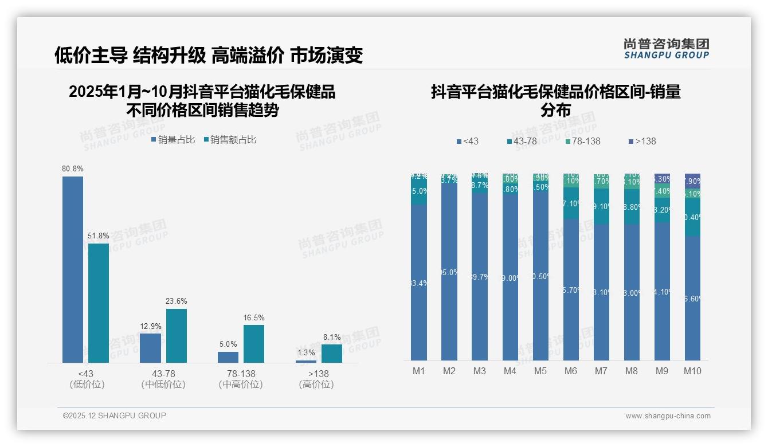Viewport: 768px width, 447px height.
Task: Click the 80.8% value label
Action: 73,169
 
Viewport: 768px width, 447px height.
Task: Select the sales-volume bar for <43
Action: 73,269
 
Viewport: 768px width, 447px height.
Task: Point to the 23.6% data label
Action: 177,301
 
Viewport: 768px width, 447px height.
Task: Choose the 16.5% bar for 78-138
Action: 254,344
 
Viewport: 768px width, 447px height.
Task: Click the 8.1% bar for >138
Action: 331,353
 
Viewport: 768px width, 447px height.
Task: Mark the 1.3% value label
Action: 306,353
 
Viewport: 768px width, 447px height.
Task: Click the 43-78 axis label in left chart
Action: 163,374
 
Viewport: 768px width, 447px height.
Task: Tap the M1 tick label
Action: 419,371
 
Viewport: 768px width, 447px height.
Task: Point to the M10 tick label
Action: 692,371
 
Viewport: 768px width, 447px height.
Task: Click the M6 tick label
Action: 571,371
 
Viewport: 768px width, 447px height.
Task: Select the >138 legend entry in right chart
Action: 642,141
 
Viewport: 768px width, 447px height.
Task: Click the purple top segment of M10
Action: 692,181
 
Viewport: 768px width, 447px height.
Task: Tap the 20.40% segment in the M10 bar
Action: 692,217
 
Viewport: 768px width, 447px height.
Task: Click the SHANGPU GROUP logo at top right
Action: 667,49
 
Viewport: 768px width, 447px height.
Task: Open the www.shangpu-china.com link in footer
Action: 668,416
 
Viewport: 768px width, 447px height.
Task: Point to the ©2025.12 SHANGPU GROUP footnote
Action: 115,416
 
